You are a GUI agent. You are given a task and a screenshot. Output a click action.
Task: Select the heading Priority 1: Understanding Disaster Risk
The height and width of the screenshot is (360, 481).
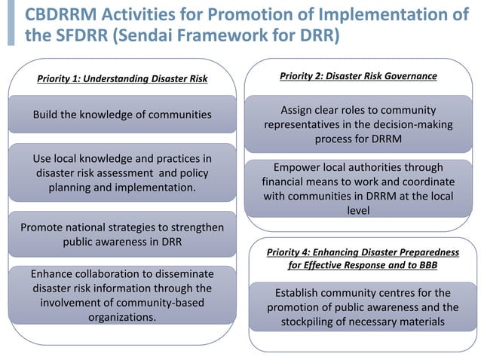pos(121,78)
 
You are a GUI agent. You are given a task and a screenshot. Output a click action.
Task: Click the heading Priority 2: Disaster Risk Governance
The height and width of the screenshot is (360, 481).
pos(358,76)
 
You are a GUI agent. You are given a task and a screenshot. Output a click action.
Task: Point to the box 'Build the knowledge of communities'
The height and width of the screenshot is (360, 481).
pos(122,114)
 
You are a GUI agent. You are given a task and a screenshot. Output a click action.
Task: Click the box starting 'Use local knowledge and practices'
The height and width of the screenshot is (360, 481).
pos(122,172)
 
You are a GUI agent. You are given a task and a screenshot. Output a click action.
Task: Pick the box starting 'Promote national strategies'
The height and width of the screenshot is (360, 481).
pos(122,233)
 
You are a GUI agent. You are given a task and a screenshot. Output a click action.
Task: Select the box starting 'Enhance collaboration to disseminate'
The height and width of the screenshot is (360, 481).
pos(122,294)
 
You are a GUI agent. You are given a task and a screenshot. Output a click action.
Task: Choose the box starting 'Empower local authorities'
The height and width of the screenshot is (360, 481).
pos(358,189)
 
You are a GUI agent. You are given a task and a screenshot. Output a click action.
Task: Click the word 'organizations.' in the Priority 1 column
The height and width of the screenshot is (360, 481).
pos(122,317)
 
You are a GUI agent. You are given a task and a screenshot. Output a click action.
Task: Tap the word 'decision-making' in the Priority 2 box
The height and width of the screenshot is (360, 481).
pos(411,124)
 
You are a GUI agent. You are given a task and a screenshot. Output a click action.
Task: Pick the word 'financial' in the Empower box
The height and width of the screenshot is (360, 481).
pos(286,182)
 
